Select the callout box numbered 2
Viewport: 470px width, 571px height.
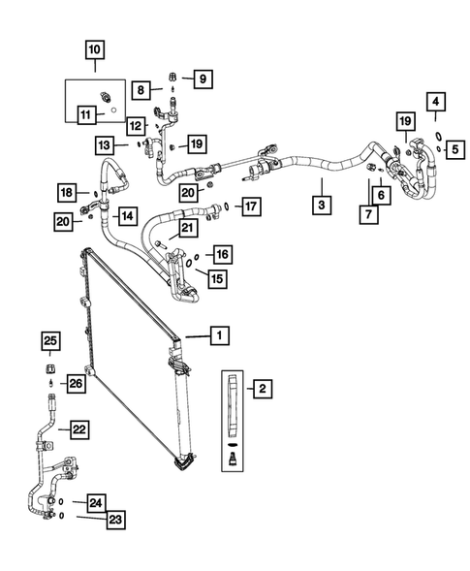pyautogui.click(x=261, y=390)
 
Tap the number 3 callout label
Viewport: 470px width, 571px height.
pyautogui.click(x=319, y=205)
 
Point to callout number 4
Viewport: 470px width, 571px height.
pyautogui.click(x=436, y=102)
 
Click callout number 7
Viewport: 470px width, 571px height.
pyautogui.click(x=367, y=215)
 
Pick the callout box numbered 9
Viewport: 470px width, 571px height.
pyautogui.click(x=201, y=79)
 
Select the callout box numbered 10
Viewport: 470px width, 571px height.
pyautogui.click(x=94, y=48)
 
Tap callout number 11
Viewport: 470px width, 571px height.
pyautogui.click(x=86, y=114)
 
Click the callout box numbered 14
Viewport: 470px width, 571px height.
pyautogui.click(x=127, y=213)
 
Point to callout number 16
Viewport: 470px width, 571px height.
pyautogui.click(x=222, y=255)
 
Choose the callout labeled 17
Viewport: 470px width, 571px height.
pyautogui.click(x=249, y=206)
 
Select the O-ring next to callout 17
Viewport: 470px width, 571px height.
pyautogui.click(x=225, y=206)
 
